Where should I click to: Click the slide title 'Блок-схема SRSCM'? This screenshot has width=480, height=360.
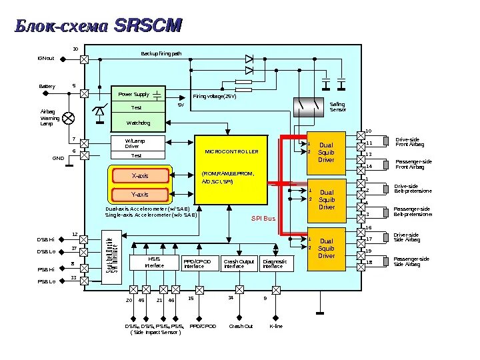97,26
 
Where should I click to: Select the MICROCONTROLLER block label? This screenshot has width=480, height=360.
231,152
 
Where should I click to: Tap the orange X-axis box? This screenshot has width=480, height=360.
139,176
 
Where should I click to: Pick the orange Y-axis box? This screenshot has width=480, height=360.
139,195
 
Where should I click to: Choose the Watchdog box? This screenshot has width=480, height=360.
138,123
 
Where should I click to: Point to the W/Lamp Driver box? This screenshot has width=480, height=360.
136,143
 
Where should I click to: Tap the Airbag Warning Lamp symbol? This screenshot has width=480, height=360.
68,118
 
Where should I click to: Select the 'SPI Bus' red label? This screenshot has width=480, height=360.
263,219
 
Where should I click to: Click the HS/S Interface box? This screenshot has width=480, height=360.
154,264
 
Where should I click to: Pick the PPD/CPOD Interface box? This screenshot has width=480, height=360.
199,264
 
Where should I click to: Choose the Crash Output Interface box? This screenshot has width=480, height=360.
238,264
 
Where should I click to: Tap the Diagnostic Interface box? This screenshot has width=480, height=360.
275,264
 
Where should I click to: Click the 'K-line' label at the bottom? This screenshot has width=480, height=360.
275,326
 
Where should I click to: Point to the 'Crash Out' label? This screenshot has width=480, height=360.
241,326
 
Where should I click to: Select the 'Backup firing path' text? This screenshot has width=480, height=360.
161,53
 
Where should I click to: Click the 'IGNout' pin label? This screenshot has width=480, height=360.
45,59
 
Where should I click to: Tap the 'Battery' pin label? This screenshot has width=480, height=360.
47,87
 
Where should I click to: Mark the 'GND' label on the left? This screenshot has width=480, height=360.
58,158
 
